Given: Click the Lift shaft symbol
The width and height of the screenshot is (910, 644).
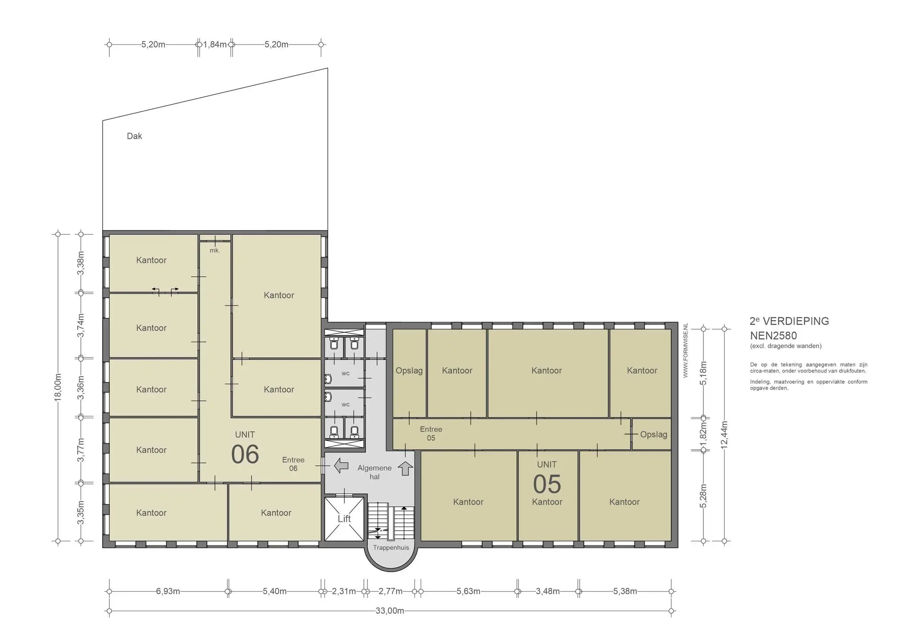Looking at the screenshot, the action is click(x=344, y=519).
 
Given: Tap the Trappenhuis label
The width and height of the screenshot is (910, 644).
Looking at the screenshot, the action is click(x=391, y=547).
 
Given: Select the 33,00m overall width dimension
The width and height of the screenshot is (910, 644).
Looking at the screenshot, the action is click(x=390, y=611).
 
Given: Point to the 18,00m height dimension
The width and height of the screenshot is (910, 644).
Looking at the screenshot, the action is click(x=58, y=387).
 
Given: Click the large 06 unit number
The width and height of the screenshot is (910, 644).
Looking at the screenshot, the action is click(x=245, y=454).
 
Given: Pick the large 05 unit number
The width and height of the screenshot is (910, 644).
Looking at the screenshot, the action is click(x=547, y=484).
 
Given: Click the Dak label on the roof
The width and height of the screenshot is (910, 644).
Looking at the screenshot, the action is click(x=134, y=136).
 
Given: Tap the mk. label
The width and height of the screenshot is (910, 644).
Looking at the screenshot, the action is click(x=215, y=250).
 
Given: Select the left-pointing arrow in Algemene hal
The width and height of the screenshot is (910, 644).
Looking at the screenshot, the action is click(x=341, y=466).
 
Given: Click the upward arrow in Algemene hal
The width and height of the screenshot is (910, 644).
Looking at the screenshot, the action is click(x=405, y=468).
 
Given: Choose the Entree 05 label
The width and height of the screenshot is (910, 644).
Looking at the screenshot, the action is click(x=431, y=434).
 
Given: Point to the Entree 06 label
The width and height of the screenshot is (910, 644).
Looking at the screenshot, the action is click(x=293, y=464).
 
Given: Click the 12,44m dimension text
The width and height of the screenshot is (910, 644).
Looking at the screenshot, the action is click(x=724, y=435).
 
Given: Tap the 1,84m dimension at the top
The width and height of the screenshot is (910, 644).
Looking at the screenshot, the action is click(x=215, y=44).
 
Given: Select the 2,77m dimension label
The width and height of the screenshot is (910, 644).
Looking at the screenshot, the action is click(x=391, y=591).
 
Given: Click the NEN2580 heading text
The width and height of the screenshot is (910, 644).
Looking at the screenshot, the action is click(x=774, y=335).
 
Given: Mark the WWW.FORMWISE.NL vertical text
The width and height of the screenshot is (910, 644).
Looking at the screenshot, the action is click(x=685, y=350).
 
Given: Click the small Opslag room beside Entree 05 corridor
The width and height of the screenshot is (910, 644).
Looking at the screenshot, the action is click(x=651, y=434).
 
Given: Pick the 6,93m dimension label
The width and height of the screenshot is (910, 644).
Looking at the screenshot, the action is click(x=168, y=591).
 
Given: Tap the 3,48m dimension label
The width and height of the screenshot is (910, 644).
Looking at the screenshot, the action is click(x=548, y=591).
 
